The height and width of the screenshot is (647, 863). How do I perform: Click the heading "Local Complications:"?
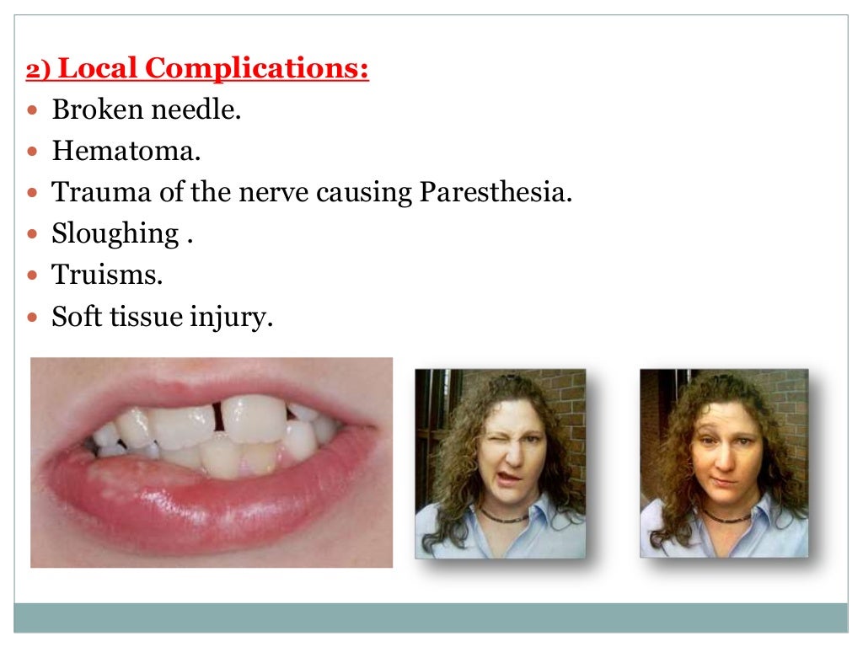tap(214, 68)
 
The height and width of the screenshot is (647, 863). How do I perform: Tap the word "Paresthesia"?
tap(494, 192)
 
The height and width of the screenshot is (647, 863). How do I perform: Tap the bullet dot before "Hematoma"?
tap(34, 152)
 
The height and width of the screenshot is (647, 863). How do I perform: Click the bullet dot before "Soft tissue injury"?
tap(34, 318)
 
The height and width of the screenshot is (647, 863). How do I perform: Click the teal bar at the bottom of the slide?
tap(431, 617)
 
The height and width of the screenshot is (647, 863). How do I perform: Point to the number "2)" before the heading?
tap(39, 72)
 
